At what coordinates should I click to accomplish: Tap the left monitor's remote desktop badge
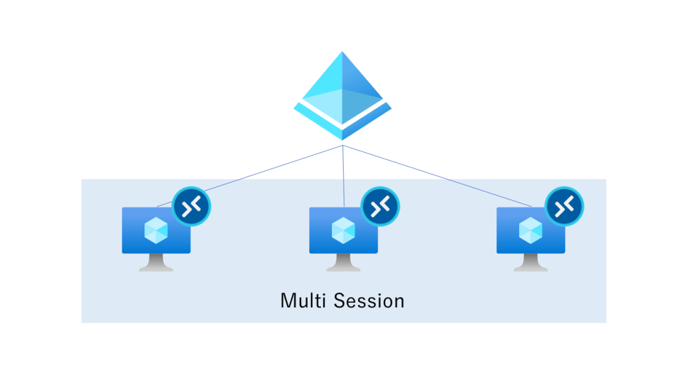pyautogui.click(x=191, y=207)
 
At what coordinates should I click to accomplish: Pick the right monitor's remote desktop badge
pyautogui.click(x=565, y=207)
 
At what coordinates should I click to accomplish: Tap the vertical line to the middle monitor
pyautogui.click(x=343, y=174)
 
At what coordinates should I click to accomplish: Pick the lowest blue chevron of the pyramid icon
pyautogui.click(x=342, y=133)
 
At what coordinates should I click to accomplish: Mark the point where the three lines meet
pyautogui.click(x=343, y=145)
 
